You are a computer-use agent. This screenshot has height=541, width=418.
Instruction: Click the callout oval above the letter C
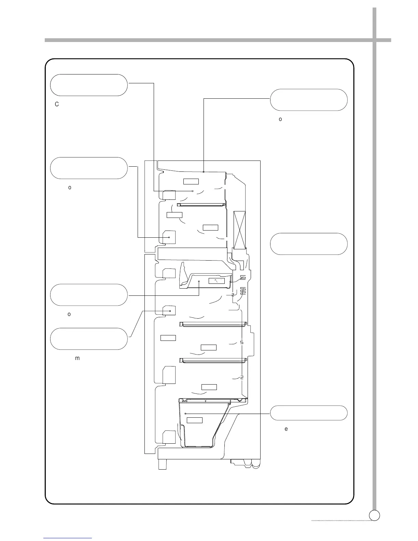click(x=89, y=85)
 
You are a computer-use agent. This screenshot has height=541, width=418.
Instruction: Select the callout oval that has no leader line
click(x=309, y=244)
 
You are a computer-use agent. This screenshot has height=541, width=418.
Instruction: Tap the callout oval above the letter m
click(x=89, y=338)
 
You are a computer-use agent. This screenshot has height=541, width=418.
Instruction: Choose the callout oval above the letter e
click(x=309, y=413)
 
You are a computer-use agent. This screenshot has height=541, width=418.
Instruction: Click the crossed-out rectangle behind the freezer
click(x=239, y=230)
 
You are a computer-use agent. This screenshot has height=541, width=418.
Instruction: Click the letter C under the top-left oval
click(x=57, y=104)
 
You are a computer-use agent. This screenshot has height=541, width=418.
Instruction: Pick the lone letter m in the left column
click(x=77, y=358)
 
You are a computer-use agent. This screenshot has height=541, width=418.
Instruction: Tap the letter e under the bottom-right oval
click(x=286, y=429)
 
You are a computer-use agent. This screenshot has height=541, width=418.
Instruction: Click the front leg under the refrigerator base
click(x=163, y=464)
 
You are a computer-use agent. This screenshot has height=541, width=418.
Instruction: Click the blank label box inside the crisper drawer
click(x=195, y=420)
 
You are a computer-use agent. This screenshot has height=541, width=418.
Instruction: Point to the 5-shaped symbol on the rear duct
click(x=241, y=342)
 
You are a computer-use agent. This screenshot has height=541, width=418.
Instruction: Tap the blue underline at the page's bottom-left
click(x=68, y=538)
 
